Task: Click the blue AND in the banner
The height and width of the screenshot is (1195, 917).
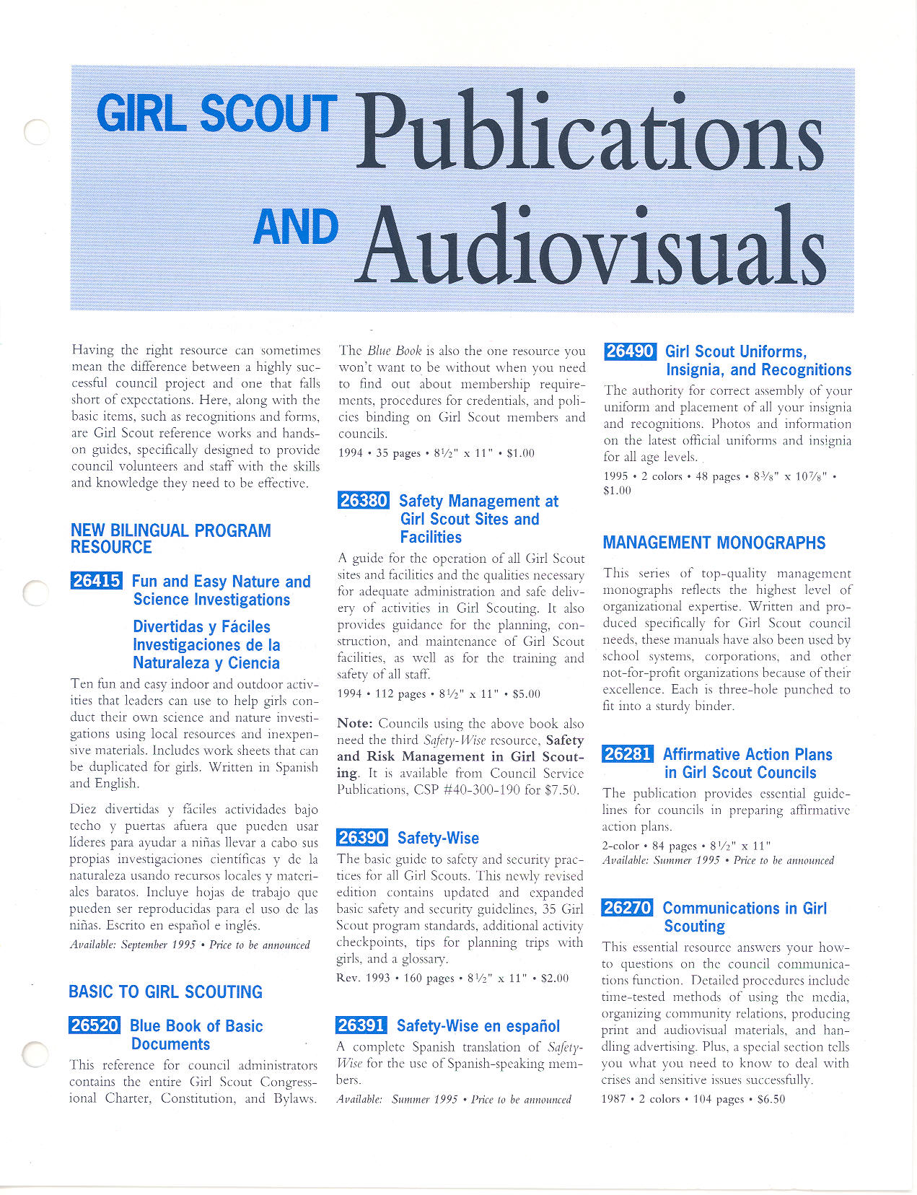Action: [x=296, y=227]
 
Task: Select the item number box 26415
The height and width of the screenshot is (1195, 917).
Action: [x=97, y=581]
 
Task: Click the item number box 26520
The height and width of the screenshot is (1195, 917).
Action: [x=95, y=1025]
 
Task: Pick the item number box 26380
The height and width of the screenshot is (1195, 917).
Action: [x=364, y=500]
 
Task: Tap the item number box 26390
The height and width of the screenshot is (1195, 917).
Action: [x=362, y=837]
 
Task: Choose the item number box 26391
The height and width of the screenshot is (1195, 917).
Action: [x=361, y=1025]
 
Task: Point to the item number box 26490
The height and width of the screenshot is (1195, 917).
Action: [x=630, y=351]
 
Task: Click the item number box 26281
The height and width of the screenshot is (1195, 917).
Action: [x=628, y=754]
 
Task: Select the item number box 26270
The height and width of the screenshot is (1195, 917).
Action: [x=627, y=908]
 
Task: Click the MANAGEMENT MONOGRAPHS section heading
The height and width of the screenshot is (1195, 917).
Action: [x=714, y=543]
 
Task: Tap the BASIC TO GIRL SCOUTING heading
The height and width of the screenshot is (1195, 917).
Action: [x=165, y=992]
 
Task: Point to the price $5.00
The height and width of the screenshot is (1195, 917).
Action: [x=526, y=694]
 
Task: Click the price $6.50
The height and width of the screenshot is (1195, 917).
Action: [x=771, y=1099]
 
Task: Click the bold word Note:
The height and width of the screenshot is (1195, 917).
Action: [x=355, y=723]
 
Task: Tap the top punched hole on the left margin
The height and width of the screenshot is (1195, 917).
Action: [x=35, y=132]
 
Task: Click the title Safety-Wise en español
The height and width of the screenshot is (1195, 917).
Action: [x=478, y=1026]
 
